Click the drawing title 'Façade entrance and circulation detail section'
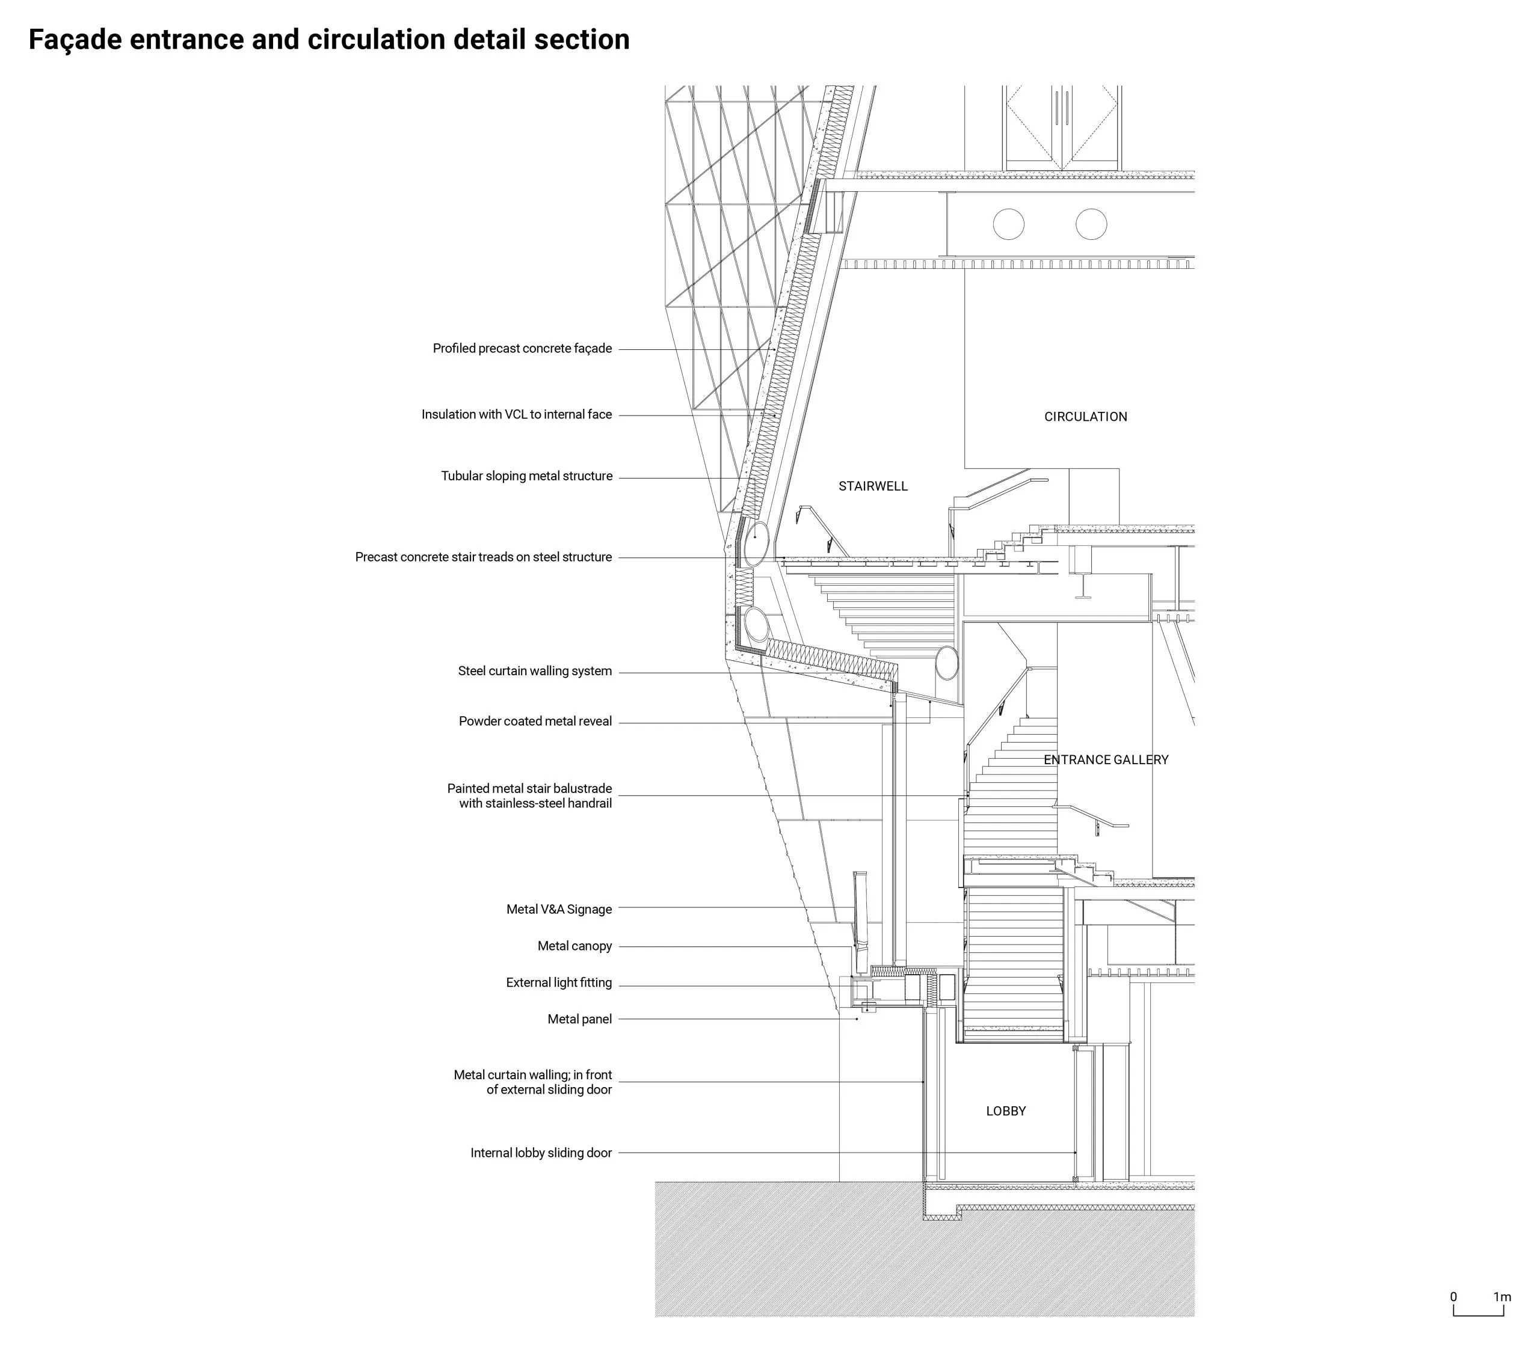click(329, 40)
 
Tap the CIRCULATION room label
click(1086, 417)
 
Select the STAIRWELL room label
click(873, 486)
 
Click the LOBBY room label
click(1006, 1112)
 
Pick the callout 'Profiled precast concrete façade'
click(523, 349)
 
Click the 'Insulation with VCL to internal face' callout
click(517, 415)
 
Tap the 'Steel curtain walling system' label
click(535, 672)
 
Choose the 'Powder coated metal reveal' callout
click(535, 722)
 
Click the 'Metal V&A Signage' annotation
click(559, 910)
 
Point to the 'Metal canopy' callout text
click(574, 946)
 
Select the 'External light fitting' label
click(559, 983)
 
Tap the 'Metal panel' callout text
click(580, 1020)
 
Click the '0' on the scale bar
click(1453, 1297)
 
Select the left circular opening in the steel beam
click(1008, 224)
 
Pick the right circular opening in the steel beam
click(1091, 224)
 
